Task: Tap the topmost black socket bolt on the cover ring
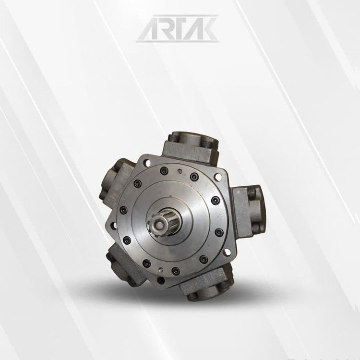point(164,170)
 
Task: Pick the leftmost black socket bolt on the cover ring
point(123,210)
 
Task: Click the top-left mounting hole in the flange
point(148,163)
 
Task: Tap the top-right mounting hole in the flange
point(217,177)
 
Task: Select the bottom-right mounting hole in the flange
point(227,252)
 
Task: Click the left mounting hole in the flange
point(114,226)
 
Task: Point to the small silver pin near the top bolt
point(180,171)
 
